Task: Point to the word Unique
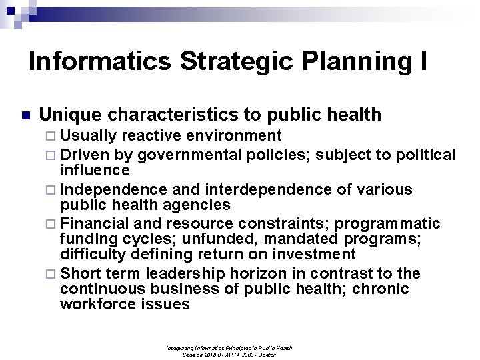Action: pos(69,115)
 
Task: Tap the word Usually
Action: pos(89,136)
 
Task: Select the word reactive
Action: pos(154,136)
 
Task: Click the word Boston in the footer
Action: pos(267,354)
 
